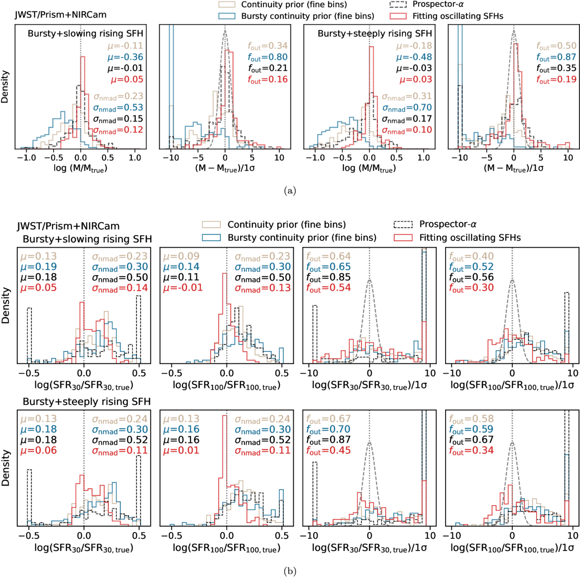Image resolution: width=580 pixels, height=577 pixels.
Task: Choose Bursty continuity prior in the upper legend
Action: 307,16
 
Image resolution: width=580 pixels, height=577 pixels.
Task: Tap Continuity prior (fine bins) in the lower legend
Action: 287,225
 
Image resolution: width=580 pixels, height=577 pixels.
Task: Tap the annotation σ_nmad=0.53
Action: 118,108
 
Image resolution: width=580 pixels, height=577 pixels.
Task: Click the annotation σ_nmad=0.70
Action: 406,108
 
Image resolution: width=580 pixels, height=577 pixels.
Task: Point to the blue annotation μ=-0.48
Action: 414,57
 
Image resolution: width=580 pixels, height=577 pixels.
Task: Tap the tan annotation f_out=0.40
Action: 471,256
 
